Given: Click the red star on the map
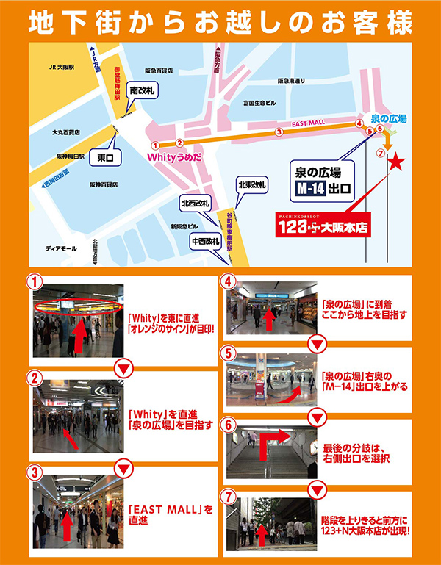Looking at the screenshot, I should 395,162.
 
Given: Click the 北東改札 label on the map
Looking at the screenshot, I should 251,186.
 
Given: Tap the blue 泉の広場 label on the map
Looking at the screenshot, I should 389,118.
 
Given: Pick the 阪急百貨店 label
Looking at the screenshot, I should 159,71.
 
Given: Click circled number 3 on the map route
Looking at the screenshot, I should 279,132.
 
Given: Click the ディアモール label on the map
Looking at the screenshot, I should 61,248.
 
